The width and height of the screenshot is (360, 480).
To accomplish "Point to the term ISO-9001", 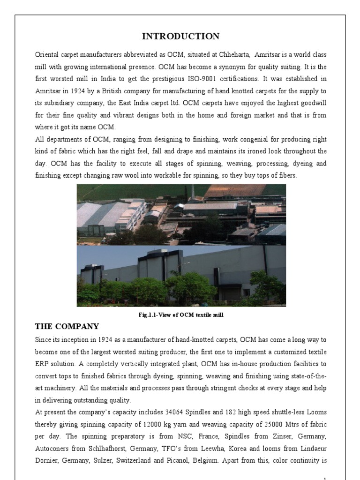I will (190, 78).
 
